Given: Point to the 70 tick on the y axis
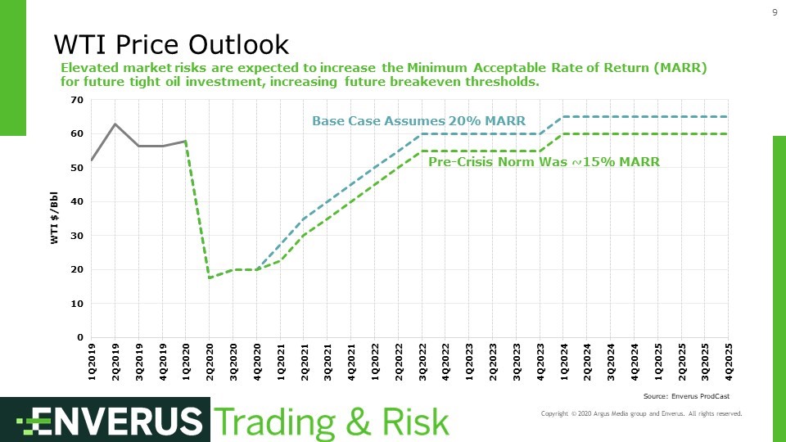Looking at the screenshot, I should click(78, 100).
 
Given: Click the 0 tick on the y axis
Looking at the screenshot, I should click(81, 337).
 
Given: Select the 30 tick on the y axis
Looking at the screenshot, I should click(78, 236).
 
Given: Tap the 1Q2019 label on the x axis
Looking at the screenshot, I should click(92, 360).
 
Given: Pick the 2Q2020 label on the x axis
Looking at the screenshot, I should click(210, 360).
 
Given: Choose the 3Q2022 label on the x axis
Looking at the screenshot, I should click(422, 360).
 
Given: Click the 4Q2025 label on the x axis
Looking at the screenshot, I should click(729, 360).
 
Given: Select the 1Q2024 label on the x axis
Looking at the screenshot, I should click(564, 360).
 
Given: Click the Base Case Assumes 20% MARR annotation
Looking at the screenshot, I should click(418, 121).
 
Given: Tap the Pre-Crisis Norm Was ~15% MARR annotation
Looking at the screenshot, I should click(544, 162).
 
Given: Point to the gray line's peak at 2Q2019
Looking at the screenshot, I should click(115, 124).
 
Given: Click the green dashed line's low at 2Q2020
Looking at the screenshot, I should click(210, 277).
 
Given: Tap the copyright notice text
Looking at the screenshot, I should click(641, 414).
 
